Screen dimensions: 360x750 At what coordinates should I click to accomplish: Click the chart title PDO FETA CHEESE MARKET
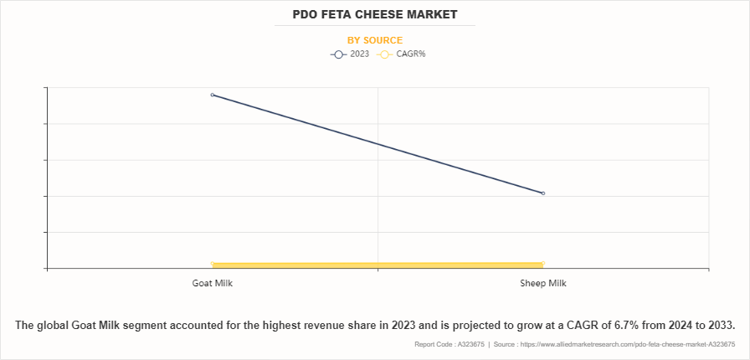(374, 15)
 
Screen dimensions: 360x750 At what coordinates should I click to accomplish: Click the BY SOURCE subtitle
(374, 40)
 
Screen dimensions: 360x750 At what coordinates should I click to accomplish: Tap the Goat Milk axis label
(212, 283)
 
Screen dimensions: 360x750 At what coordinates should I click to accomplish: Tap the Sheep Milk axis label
(543, 283)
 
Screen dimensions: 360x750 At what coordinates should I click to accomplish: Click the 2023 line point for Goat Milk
(213, 95)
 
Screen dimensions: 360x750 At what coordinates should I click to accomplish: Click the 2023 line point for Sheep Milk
(543, 193)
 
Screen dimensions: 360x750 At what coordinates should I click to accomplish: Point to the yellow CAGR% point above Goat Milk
(213, 265)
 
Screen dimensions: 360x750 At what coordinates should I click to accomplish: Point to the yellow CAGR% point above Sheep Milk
(543, 264)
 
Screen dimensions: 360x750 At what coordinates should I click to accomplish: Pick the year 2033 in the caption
(718, 325)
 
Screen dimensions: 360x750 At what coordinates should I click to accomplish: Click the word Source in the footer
(504, 344)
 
